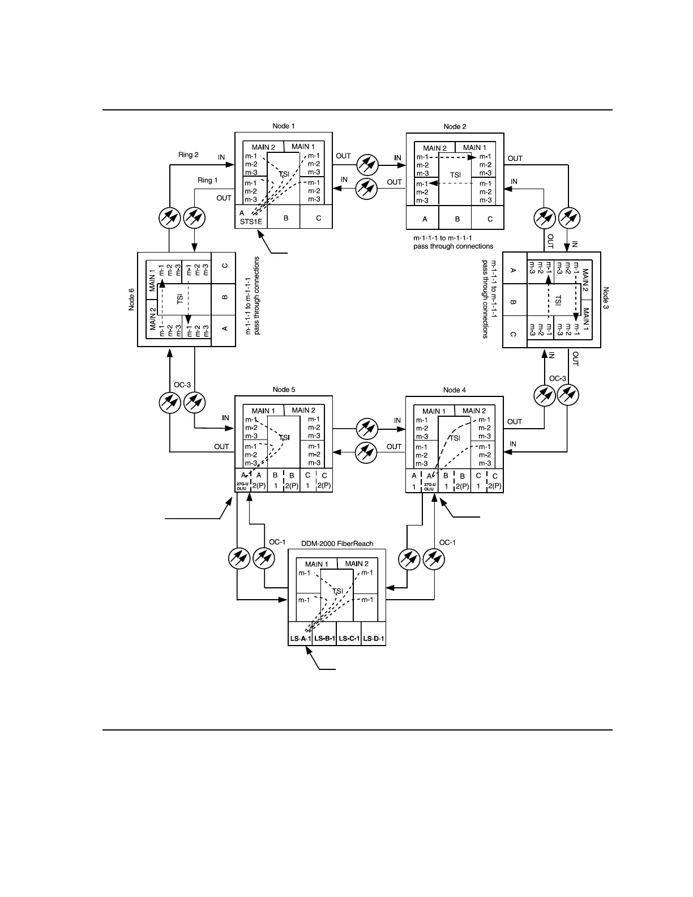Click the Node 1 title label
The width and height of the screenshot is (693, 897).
(284, 126)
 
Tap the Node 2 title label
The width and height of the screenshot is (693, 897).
(455, 126)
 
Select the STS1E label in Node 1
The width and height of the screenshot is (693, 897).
(251, 221)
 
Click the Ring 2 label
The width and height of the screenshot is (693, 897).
(189, 155)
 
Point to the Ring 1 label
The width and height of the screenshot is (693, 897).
(207, 180)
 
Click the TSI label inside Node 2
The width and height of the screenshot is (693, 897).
(455, 175)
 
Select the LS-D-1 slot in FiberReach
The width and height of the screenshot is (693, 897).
(374, 639)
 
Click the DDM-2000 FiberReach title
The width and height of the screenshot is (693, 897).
(337, 544)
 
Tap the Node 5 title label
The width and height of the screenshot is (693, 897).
(284, 389)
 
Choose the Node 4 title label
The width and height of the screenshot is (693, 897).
(455, 390)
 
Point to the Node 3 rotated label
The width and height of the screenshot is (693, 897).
(606, 298)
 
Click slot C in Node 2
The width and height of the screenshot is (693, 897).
(490, 219)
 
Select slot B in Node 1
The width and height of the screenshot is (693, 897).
(286, 217)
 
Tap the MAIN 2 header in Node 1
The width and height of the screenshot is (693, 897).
(263, 147)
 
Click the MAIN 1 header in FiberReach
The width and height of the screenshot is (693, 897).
(316, 564)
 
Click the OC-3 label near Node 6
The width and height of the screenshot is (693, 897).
(182, 385)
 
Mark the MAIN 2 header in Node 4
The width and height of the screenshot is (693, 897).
(474, 411)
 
